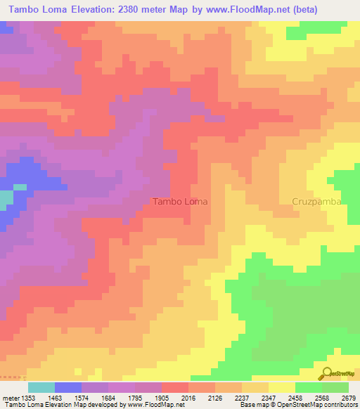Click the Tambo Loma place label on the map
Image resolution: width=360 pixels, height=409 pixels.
click(180, 201)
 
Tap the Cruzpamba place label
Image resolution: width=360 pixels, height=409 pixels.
click(316, 201)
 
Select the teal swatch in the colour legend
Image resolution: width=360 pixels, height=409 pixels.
click(41, 387)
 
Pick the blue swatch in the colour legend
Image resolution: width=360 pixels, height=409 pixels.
click(67, 387)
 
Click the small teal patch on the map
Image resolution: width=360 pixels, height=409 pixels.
click(6, 199)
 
